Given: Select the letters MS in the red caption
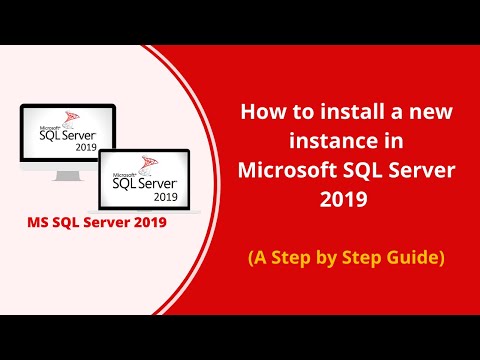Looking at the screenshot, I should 37,221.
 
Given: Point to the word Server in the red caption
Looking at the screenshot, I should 104,221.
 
